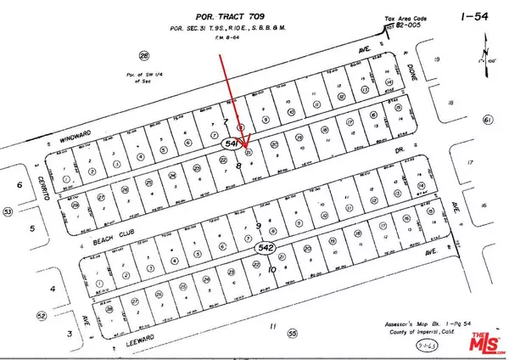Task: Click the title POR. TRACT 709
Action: coord(254,14)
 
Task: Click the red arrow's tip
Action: coord(244,150)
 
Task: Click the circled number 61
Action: coord(488,121)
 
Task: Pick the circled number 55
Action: coord(292,333)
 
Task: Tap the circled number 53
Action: coord(8,211)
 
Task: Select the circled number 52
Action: coord(17,317)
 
